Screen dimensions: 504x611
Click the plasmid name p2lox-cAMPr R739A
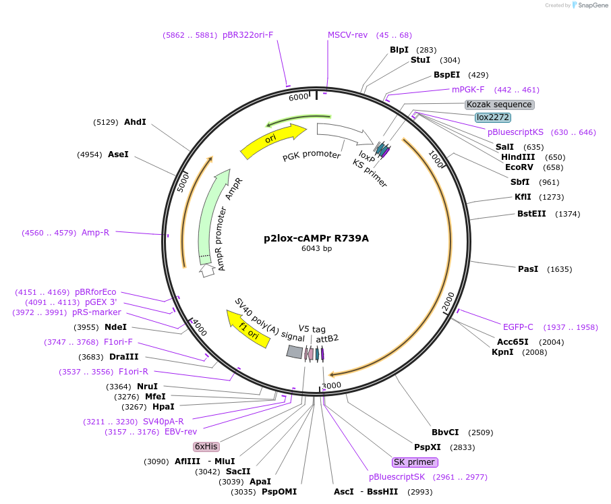pos(316,238)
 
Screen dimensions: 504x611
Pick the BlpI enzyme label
pos(399,50)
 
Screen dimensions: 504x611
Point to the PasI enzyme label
pos(528,269)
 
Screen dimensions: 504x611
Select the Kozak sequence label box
pos(500,105)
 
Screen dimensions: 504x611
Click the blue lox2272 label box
pos(492,117)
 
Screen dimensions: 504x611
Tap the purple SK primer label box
pos(415,462)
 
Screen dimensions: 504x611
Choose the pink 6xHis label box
pos(206,447)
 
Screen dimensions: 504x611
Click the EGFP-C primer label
pos(518,327)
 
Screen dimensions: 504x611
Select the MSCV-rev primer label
pos(347,35)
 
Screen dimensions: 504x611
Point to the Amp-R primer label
pos(95,233)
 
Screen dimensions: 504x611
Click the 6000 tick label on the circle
pos(298,97)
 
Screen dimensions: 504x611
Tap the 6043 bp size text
pos(316,249)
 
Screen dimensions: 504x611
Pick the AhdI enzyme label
pos(135,122)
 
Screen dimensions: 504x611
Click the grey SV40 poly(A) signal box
pos(294,352)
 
